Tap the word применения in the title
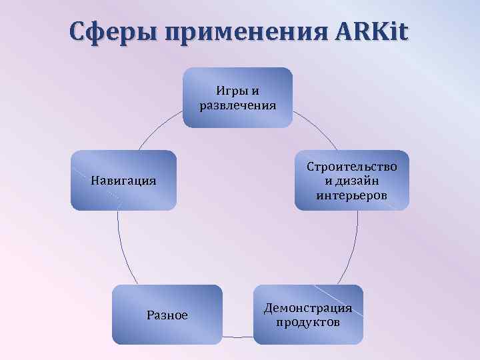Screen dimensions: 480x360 [241, 31]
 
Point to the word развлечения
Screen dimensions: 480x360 [238, 105]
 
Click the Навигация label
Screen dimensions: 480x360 [123, 180]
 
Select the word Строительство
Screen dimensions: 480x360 [351, 167]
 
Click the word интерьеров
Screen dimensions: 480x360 [351, 195]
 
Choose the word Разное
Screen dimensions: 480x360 [167, 315]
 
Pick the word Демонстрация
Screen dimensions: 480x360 [308, 308]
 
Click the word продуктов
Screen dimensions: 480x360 [308, 323]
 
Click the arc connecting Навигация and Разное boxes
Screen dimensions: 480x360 [122, 247]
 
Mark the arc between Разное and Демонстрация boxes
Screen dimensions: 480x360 [238, 337]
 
